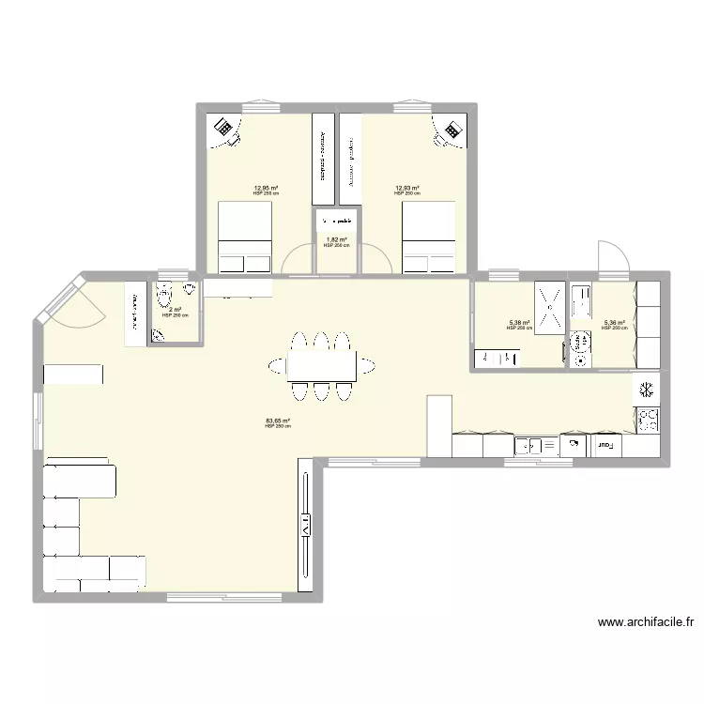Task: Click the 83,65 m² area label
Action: click(278, 421)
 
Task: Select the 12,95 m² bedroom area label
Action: click(266, 188)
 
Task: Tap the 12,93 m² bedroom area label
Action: click(406, 188)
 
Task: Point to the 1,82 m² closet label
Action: click(335, 240)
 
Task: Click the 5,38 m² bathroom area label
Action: click(519, 324)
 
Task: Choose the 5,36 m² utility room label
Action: click(615, 324)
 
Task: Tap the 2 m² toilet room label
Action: click(174, 311)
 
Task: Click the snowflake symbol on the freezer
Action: click(647, 389)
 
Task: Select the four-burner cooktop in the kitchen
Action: click(648, 419)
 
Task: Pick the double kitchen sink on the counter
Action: click(534, 446)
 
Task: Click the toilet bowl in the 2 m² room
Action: click(173, 296)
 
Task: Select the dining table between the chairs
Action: click(322, 365)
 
